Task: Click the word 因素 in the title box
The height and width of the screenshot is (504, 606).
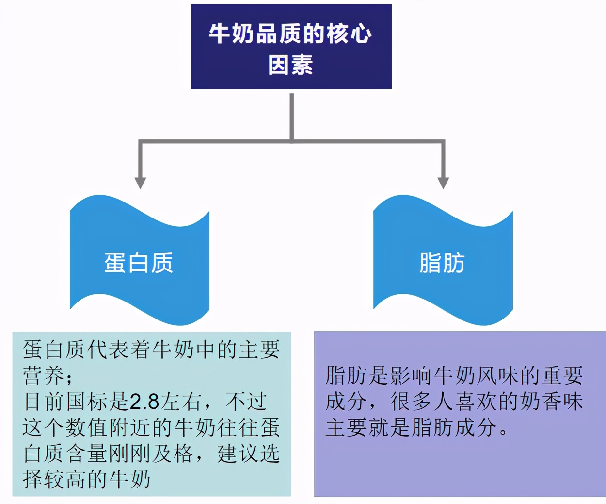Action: tap(291, 65)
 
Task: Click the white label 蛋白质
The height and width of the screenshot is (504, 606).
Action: tap(139, 263)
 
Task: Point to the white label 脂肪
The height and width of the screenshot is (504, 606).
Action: tap(442, 263)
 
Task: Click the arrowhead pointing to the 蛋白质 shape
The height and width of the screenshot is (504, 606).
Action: tap(140, 183)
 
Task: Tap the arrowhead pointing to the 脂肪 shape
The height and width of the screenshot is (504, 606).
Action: tap(443, 183)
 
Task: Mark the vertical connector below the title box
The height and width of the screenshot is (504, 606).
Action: tap(292, 117)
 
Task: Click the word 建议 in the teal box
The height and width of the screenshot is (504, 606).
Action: tap(238, 454)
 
